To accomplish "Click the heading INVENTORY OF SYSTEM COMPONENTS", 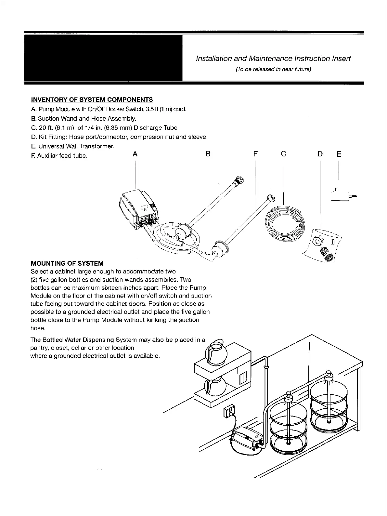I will coord(92,100).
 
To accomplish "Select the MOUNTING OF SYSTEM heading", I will coord(67,263).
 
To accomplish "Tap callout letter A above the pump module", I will coord(135,154).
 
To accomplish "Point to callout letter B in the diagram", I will coord(208,154).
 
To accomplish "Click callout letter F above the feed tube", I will coord(255,154).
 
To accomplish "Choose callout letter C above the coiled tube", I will coord(284,154).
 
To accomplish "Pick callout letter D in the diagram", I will coord(320,154).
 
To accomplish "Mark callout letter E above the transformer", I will coord(339,154).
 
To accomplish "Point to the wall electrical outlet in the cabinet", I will coord(229,411).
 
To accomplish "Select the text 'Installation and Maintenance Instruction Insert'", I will coord(273,59).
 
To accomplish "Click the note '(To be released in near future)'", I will coord(273,69).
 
